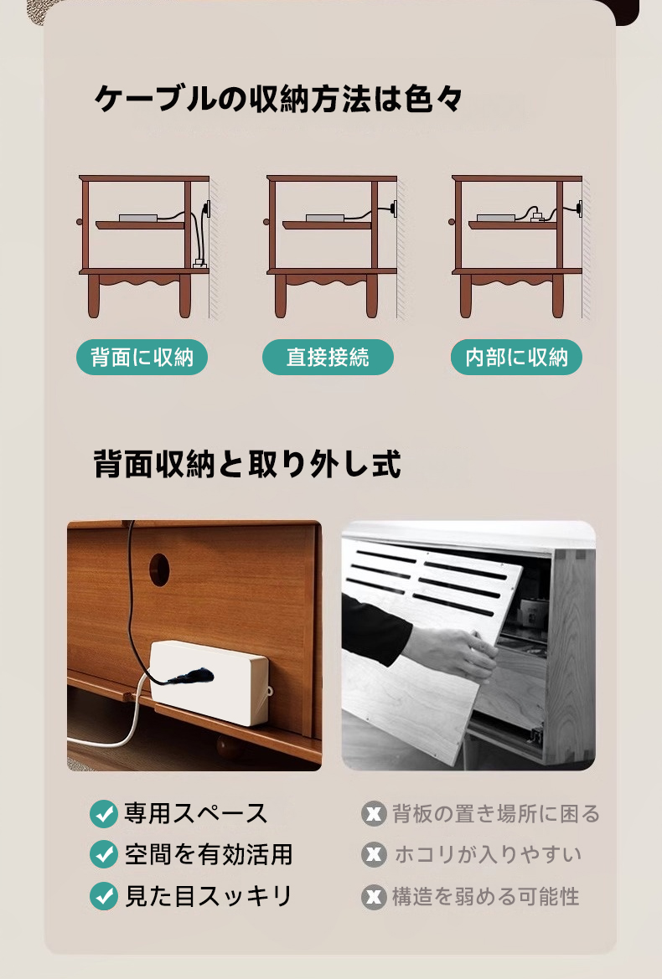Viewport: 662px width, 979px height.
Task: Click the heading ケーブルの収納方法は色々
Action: coord(278,99)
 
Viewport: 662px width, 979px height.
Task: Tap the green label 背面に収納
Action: coord(142,357)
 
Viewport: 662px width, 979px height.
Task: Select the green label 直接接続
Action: coord(328,357)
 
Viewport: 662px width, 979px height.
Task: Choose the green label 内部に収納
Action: coord(516,357)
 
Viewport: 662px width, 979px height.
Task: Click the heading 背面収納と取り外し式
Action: coord(247,464)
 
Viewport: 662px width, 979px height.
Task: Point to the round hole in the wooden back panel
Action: coord(159,569)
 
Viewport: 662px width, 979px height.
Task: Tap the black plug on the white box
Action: coord(190,676)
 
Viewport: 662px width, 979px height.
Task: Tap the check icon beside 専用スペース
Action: coord(104,813)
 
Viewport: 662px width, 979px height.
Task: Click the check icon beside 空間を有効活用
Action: coord(104,854)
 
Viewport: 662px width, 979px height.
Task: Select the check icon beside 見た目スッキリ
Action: coord(104,896)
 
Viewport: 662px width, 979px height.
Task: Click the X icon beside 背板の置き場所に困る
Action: coord(374,813)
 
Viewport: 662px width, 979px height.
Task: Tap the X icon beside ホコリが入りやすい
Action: coord(374,854)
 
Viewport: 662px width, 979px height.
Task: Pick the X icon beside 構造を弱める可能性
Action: coord(374,897)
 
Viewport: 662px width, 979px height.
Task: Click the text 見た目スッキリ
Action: coord(209,896)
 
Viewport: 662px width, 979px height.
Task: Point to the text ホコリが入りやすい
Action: coord(488,854)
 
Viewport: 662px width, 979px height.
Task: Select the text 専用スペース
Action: coord(196,813)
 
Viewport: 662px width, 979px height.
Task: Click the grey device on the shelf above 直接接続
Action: coord(325,218)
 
